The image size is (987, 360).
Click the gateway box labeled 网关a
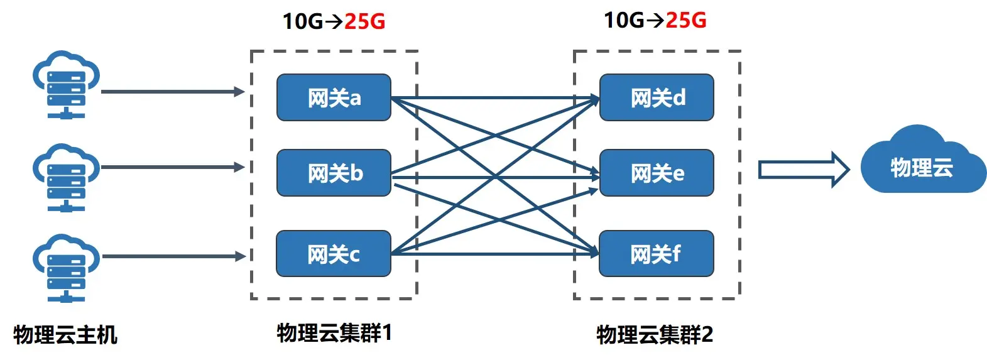coord(334,97)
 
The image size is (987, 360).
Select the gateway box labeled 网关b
coord(334,173)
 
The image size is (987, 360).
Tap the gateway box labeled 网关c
coord(334,254)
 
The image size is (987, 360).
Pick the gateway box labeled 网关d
coord(657,97)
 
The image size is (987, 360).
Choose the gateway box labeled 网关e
coord(657,173)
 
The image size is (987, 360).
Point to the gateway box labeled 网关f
coord(657,254)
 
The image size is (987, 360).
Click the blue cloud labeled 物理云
coord(922,165)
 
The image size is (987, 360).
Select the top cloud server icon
coord(66,85)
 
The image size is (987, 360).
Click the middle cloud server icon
coord(66,178)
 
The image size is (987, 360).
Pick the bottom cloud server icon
coord(66,268)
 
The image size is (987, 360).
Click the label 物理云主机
coord(65,335)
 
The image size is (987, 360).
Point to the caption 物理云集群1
coord(334,333)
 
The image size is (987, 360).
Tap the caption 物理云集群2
coord(655,335)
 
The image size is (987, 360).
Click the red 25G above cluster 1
coord(364,21)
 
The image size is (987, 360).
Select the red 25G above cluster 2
coord(685,20)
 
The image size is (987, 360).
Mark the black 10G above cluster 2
coord(623,20)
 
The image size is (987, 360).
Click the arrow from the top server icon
coord(173,92)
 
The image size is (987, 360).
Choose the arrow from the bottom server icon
coord(173,256)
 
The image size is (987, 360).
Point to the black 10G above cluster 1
coord(302,21)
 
